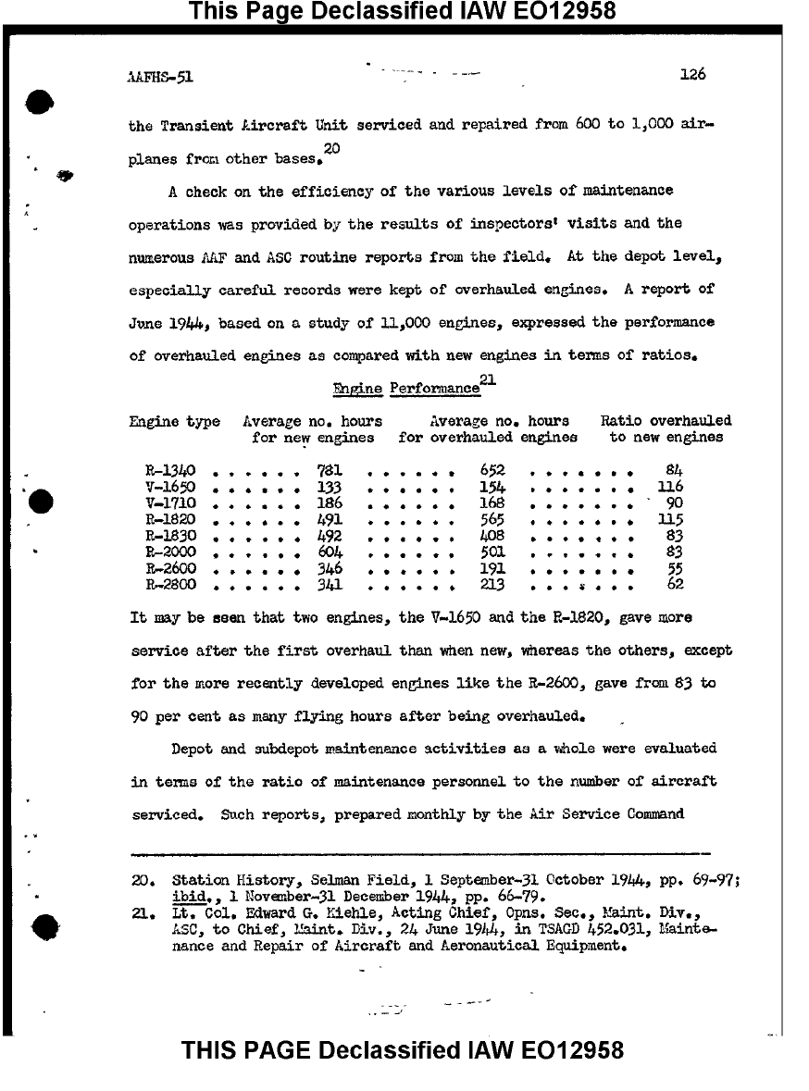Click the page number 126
click(691, 75)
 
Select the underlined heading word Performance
click(434, 390)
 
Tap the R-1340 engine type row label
click(170, 471)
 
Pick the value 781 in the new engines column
click(330, 471)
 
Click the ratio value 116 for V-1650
click(669, 487)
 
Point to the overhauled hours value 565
click(492, 519)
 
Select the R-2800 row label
click(170, 585)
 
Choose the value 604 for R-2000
click(330, 552)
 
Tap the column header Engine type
click(174, 422)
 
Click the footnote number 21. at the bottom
click(142, 912)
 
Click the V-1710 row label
click(170, 503)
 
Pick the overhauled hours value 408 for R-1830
click(492, 536)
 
